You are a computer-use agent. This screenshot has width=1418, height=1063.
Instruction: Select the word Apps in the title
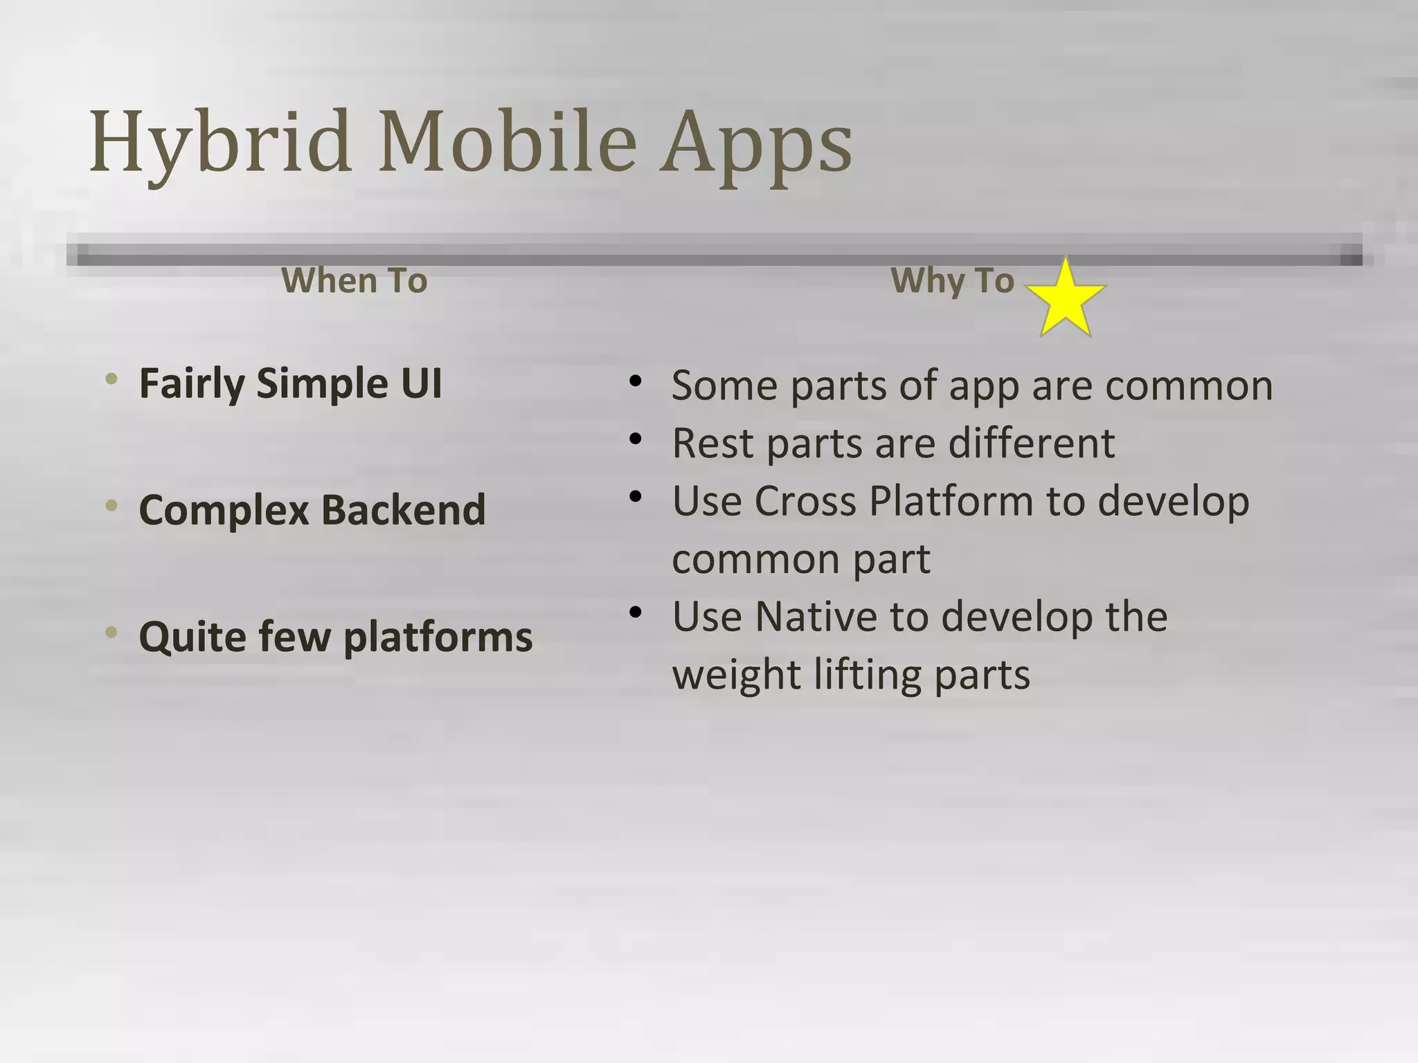(755, 144)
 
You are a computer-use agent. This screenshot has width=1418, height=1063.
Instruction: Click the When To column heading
(354, 280)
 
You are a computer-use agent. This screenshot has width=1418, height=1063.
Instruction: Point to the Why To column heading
(952, 280)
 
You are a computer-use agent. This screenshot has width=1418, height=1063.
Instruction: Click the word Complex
(223, 511)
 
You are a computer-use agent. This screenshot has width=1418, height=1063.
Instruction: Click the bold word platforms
(438, 637)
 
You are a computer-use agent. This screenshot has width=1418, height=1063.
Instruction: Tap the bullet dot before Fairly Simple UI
(111, 379)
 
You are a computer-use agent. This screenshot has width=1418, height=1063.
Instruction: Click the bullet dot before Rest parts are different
(636, 438)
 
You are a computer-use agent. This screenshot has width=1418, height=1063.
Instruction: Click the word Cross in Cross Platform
(805, 500)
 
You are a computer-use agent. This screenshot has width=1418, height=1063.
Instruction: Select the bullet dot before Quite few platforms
(111, 632)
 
